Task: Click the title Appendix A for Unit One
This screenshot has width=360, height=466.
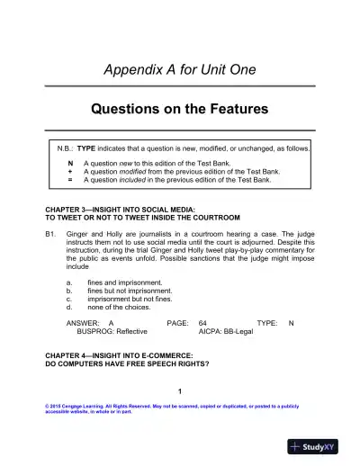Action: [180, 69]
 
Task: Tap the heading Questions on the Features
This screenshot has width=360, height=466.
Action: [180, 110]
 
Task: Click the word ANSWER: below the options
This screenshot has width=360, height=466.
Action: [82, 322]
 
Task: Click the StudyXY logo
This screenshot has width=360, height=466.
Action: [319, 447]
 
